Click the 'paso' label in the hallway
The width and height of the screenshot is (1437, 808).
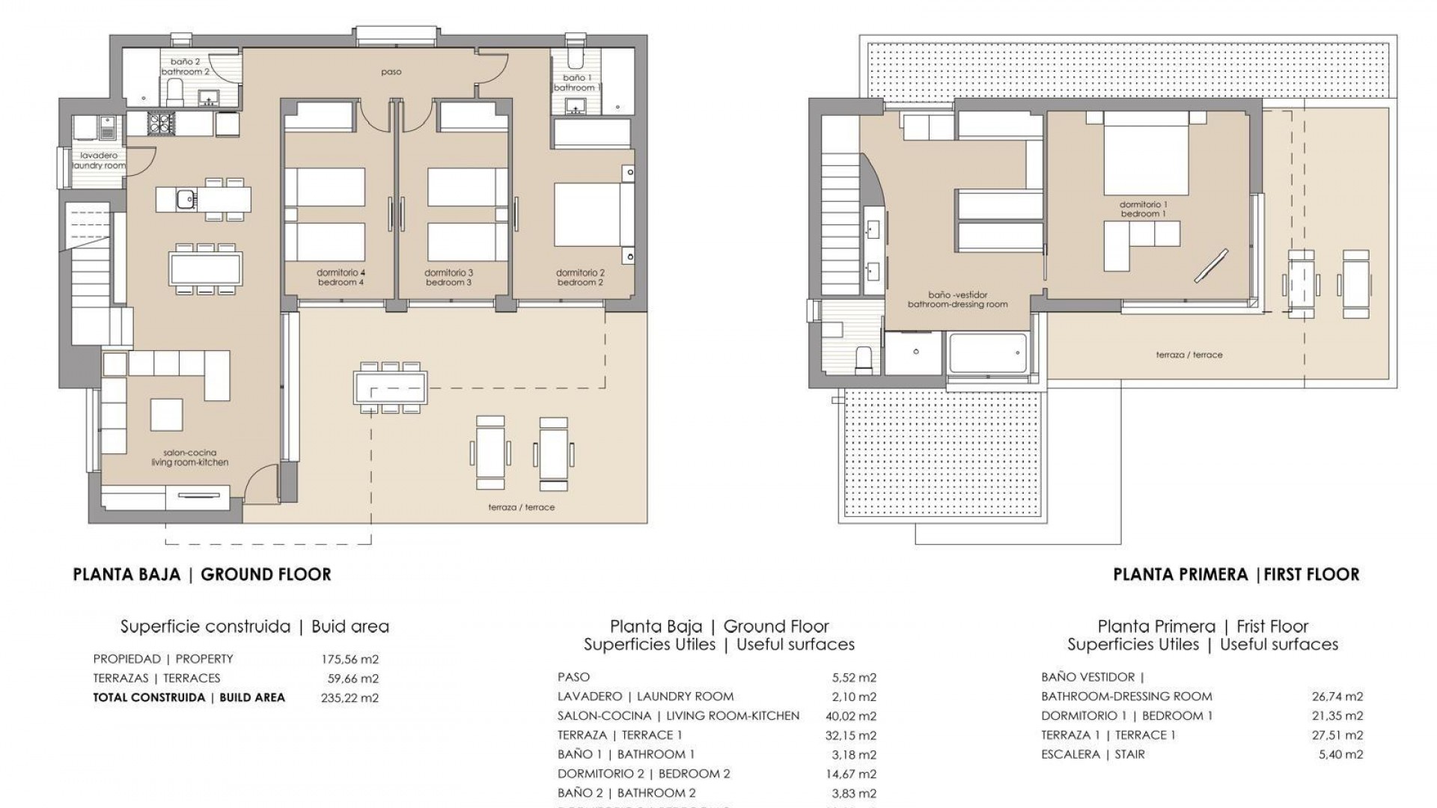(x=391, y=73)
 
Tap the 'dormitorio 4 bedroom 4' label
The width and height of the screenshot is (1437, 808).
(x=341, y=278)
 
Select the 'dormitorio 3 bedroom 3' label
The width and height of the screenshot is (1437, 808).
(x=448, y=278)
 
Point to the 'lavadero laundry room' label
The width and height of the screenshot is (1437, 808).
(x=99, y=161)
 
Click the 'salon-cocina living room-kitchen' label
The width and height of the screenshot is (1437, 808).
(x=189, y=458)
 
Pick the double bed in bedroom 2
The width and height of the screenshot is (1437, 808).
(x=585, y=215)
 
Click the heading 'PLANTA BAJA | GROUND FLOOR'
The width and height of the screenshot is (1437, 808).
(x=202, y=575)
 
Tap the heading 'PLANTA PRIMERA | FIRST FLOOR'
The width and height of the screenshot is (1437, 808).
(x=1236, y=575)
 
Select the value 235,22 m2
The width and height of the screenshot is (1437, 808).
(x=350, y=698)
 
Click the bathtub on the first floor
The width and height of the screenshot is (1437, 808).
(x=987, y=353)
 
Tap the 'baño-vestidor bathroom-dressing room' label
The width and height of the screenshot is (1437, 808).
(x=957, y=299)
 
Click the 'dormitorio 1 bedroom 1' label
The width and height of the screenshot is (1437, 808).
(x=1143, y=209)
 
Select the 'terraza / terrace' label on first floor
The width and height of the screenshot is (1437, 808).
(x=1189, y=355)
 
